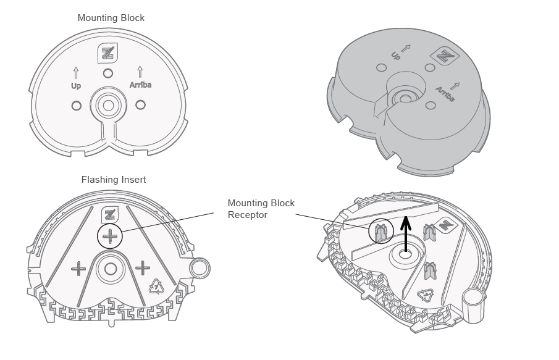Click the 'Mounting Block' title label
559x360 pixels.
click(111, 18)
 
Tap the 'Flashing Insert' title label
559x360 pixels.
click(114, 180)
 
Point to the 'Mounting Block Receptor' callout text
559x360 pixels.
click(261, 209)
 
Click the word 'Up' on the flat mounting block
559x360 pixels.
click(76, 86)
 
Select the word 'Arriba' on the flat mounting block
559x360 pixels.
click(140, 85)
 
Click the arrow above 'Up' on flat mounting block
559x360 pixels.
click(76, 72)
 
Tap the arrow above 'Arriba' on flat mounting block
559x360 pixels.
click(140, 71)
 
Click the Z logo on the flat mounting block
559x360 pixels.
click(108, 52)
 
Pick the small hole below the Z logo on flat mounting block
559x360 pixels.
click(108, 73)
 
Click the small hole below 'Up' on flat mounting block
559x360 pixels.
click(77, 106)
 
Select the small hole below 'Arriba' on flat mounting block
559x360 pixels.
click(140, 105)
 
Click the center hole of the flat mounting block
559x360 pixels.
click(108, 106)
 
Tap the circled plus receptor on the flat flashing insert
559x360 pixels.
click(110, 235)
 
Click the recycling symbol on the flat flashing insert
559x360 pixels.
click(156, 286)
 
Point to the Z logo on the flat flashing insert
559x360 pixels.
click(110, 214)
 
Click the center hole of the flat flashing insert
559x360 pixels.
click(111, 269)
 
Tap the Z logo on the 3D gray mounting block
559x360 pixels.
click(444, 56)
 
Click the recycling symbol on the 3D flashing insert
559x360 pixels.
click(426, 295)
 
